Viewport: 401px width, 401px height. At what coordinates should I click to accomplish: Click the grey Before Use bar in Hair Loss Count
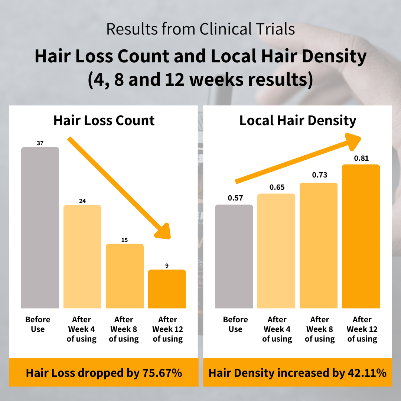(40, 227)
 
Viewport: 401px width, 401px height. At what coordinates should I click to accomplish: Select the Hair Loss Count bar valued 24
(82, 256)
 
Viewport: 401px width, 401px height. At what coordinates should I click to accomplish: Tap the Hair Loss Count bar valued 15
(124, 276)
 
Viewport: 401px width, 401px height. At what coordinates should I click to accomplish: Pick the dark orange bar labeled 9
(167, 288)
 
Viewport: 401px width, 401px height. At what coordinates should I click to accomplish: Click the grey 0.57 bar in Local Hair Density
(234, 256)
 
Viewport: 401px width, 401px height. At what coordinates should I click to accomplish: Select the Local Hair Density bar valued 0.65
(276, 251)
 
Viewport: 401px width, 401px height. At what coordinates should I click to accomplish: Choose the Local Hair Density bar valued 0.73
(319, 245)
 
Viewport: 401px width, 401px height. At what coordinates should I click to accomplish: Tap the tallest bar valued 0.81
(361, 236)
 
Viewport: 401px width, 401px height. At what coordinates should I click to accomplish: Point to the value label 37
(40, 143)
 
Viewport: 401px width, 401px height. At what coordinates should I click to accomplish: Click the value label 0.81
(361, 158)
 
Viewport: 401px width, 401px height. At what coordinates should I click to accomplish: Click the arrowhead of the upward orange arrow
(353, 141)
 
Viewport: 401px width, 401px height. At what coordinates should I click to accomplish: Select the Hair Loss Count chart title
(104, 121)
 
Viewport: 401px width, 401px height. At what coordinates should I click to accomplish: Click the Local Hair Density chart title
(298, 121)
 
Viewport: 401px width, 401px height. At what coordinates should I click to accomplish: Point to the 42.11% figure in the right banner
(367, 373)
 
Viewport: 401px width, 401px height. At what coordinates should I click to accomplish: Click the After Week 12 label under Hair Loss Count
(168, 329)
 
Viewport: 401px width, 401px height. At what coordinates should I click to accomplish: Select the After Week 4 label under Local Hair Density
(277, 329)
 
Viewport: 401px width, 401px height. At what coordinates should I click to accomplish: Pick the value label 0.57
(235, 198)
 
